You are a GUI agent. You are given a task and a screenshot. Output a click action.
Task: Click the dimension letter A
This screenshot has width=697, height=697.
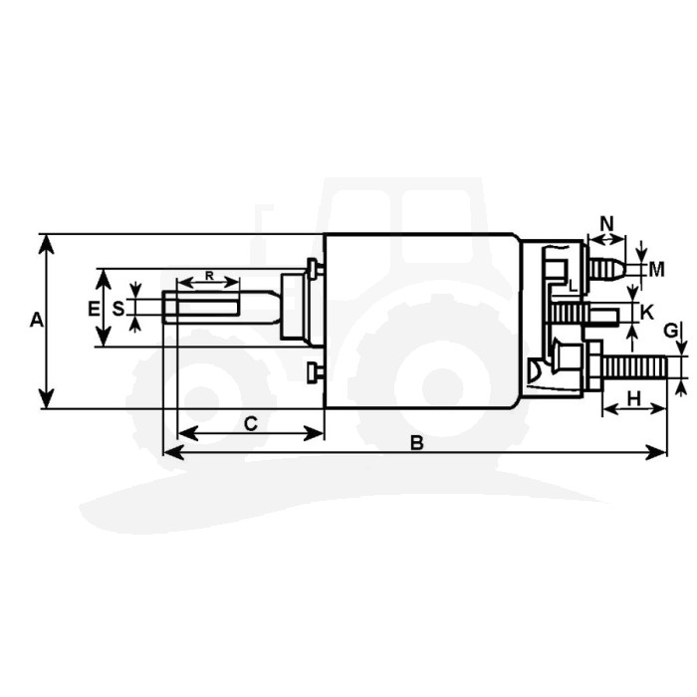[37, 320]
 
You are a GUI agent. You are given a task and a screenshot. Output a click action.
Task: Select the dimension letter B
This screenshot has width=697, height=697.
[417, 443]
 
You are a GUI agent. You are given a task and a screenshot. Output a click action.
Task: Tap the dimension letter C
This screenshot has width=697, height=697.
[251, 423]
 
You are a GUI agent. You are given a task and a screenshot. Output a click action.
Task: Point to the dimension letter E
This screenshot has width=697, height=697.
[94, 308]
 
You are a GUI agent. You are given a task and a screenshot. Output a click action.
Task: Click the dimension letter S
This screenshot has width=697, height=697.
[118, 308]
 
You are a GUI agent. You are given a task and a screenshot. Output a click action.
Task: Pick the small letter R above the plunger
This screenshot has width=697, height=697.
[209, 276]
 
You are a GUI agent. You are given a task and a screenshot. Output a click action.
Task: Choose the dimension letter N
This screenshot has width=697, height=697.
[606, 223]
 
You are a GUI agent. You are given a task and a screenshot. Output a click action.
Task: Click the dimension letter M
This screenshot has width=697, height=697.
[656, 270]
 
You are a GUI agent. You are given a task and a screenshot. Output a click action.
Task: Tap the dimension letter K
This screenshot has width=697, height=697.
[647, 313]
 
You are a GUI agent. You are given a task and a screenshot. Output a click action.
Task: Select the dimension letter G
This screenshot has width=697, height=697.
[671, 331]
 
